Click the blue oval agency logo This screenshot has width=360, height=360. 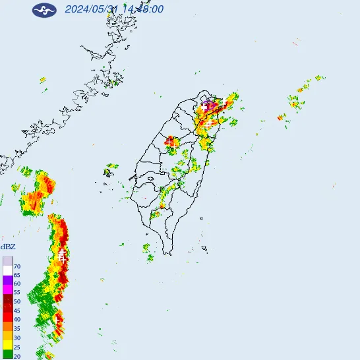(x=44, y=10)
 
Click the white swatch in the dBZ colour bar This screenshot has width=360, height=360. (x=7, y=270)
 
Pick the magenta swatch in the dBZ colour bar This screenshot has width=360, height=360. (x=7, y=288)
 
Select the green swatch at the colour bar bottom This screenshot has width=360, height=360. (x=7, y=354)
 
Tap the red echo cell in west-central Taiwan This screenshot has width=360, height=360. (x=170, y=141)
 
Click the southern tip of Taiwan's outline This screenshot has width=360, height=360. (x=170, y=254)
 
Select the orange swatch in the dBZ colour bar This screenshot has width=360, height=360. (x=7, y=326)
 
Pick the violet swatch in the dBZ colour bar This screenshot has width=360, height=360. (x=7, y=280)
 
